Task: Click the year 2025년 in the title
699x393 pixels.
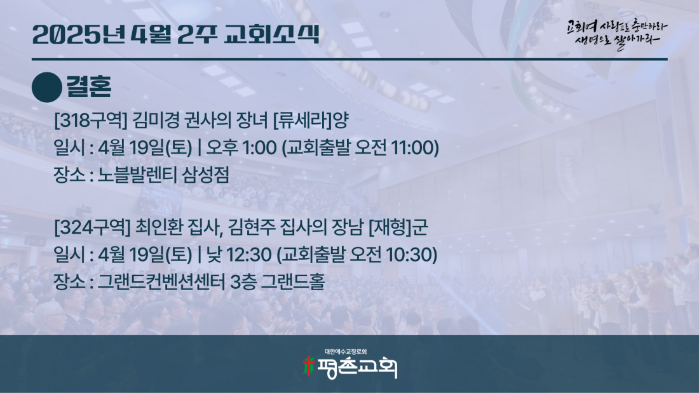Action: pyautogui.click(x=78, y=34)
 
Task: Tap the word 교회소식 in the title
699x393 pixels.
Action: pyautogui.click(x=271, y=34)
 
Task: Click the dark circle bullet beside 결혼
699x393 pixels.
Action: pyautogui.click(x=47, y=88)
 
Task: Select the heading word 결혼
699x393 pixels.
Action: pyautogui.click(x=89, y=86)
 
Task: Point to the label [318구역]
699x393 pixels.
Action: pyautogui.click(x=91, y=120)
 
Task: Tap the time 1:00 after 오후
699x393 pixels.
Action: pyautogui.click(x=259, y=148)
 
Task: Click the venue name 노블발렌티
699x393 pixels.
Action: pyautogui.click(x=131, y=175)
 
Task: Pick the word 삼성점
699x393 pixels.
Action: pyautogui.click(x=200, y=175)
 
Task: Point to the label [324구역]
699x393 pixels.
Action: pyautogui.click(x=92, y=228)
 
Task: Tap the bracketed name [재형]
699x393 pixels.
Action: pyautogui.click(x=390, y=228)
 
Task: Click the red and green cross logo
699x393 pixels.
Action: pyautogui.click(x=308, y=366)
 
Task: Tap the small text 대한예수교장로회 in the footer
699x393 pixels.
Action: pyautogui.click(x=346, y=352)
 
